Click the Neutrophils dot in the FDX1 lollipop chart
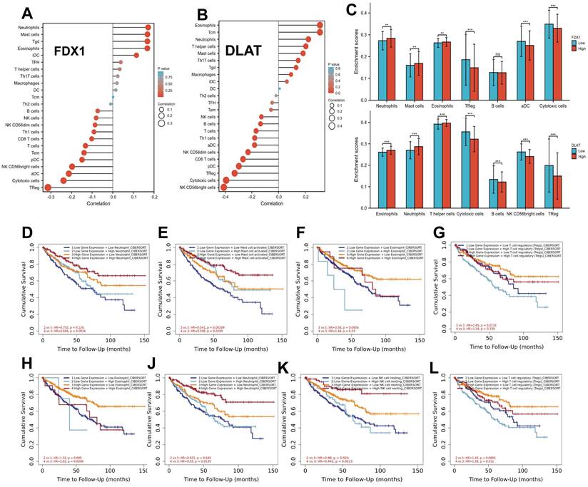[147, 28]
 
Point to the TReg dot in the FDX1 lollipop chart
[48, 188]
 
